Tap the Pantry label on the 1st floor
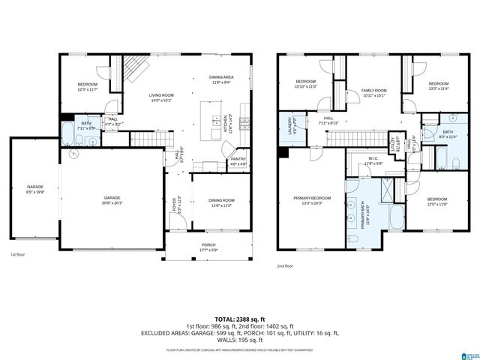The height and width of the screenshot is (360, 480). point(238,159)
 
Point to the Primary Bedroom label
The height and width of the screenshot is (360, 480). point(310,199)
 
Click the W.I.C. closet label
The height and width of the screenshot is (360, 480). point(373,159)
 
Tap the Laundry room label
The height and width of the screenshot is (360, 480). point(286,122)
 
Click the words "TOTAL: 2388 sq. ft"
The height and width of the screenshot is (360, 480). point(241,319)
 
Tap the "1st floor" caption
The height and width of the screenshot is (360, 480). point(17,254)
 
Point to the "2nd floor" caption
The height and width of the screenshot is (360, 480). point(285,265)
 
